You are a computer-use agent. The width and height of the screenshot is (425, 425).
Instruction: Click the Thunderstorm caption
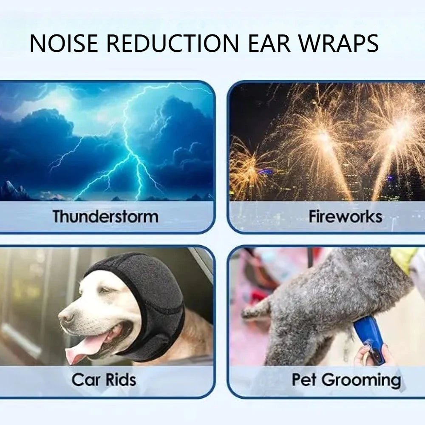(105, 216)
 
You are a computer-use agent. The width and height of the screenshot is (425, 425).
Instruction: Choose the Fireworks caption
(345, 216)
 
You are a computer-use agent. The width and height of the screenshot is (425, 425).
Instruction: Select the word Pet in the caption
(304, 380)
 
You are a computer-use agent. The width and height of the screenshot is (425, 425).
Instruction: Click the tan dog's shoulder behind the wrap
(198, 336)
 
